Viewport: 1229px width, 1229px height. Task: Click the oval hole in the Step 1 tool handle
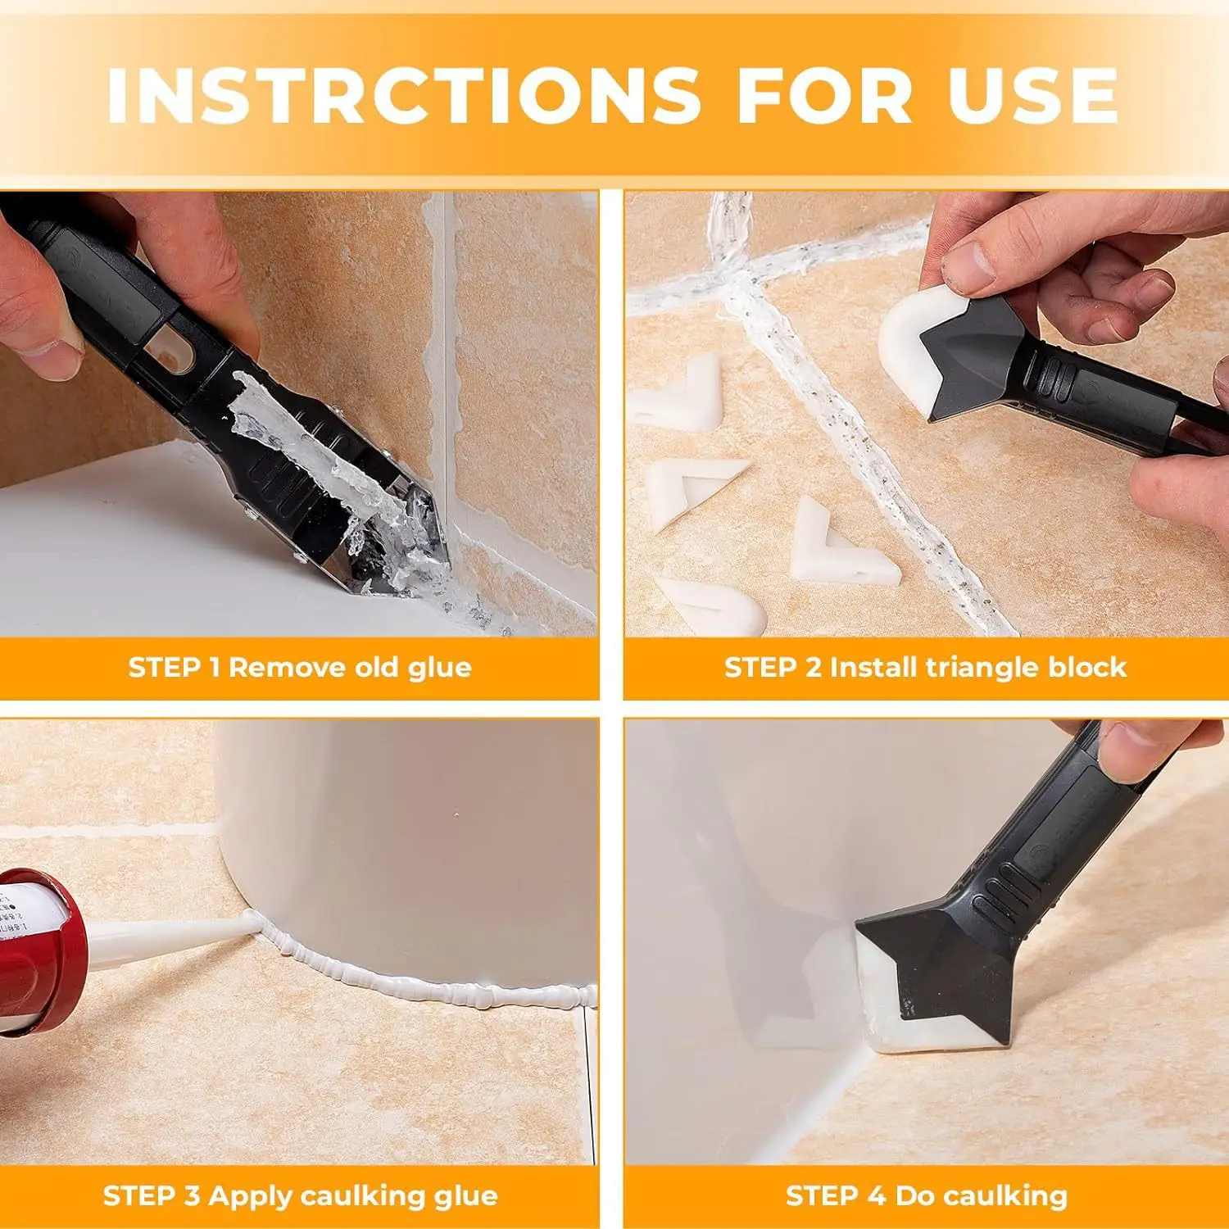tap(176, 352)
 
